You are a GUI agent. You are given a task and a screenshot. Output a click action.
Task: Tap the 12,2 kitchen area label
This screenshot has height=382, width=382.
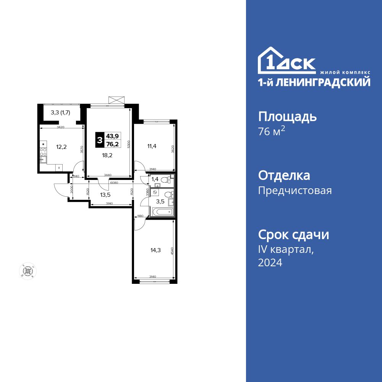[62, 147]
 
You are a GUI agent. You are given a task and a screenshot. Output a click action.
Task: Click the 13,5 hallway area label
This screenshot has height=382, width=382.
[105, 194]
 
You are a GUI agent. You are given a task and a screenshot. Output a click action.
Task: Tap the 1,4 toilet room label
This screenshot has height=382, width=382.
[155, 179]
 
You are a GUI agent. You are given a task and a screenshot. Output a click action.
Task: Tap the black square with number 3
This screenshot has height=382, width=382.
[99, 140]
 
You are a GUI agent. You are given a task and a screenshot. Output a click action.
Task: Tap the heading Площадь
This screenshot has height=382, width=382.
[287, 117]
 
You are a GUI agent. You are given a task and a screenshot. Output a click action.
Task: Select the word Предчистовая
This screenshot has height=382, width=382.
[295, 190]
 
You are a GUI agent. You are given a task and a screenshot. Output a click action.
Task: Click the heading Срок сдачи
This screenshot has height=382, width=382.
[293, 235]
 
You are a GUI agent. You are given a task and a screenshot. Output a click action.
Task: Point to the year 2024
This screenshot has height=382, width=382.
[270, 262]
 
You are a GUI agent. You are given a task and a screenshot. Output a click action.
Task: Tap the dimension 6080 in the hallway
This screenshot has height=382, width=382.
[113, 183]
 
